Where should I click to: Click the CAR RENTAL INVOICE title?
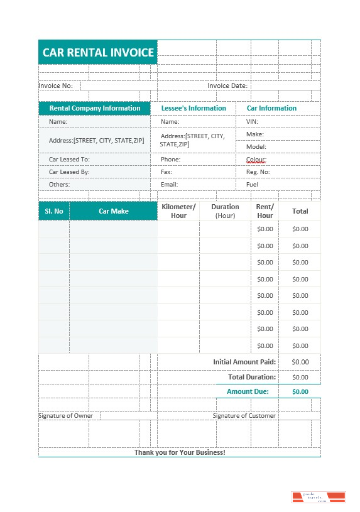pos(98,52)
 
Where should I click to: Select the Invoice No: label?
pos(56,85)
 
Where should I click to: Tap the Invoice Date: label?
pos(227,85)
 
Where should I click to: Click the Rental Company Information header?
pos(95,108)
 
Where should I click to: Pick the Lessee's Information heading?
pos(194,108)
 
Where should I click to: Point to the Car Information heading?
pos(271,108)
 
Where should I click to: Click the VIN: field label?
pos(252,121)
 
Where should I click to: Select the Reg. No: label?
pos(258,172)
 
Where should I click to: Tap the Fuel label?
pos(252,185)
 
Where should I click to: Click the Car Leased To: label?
pos(69,160)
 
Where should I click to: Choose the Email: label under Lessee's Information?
pos(169,185)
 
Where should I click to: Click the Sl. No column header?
pos(54,211)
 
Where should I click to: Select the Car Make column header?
pos(113,211)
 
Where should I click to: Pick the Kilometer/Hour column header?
pos(178,211)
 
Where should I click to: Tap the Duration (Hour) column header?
pos(225,211)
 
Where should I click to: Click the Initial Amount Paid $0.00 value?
pos(300,362)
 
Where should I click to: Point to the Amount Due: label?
pos(248,391)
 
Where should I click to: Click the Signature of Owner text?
pos(66,416)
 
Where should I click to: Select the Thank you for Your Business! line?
pos(180,452)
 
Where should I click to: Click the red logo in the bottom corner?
pos(319,498)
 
